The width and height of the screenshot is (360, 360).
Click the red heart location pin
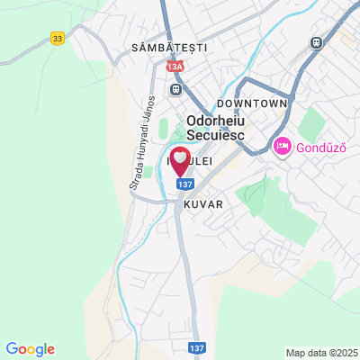coord(180,161)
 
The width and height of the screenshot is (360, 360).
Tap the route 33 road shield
coord(58,38)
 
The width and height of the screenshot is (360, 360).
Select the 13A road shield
coord(174,66)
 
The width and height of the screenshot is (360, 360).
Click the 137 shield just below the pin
coord(184,184)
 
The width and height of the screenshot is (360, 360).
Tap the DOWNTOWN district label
coord(257,103)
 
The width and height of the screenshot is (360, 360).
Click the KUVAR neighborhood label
coord(202,204)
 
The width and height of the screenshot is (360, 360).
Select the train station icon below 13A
coord(177,88)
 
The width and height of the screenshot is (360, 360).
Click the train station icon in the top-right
coord(317,42)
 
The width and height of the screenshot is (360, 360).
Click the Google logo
coord(30,349)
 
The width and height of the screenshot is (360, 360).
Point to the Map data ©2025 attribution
coord(321,353)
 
